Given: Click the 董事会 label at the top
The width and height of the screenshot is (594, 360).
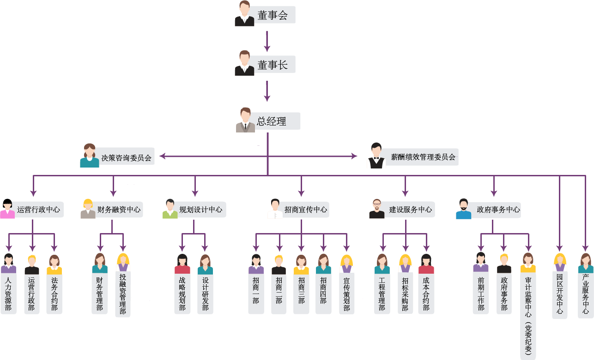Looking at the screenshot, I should pyautogui.click(x=273, y=15).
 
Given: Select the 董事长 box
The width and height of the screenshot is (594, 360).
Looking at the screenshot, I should pyautogui.click(x=273, y=65).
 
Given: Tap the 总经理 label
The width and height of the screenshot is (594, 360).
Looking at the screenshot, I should pyautogui.click(x=272, y=121).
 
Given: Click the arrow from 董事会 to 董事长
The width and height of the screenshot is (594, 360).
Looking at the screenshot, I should pyautogui.click(x=267, y=41).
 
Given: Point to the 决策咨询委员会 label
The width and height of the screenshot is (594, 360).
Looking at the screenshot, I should pyautogui.click(x=126, y=157).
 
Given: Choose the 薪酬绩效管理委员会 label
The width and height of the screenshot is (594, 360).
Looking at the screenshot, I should pyautogui.click(x=423, y=157).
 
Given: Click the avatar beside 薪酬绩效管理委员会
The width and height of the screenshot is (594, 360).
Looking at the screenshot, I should pyautogui.click(x=376, y=156).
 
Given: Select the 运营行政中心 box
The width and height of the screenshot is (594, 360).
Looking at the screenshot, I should pyautogui.click(x=38, y=210).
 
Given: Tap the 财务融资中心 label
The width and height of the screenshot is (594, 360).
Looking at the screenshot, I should pyautogui.click(x=119, y=210).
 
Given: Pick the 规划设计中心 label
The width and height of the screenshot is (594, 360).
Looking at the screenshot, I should pyautogui.click(x=200, y=210).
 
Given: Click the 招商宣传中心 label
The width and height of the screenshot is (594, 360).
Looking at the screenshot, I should pyautogui.click(x=306, y=210).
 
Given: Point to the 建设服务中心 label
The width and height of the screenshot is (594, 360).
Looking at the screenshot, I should pyautogui.click(x=410, y=210).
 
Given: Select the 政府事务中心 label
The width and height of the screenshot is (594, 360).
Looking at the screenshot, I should pyautogui.click(x=498, y=210).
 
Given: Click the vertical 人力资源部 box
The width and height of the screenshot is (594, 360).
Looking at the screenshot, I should pyautogui.click(x=8, y=294).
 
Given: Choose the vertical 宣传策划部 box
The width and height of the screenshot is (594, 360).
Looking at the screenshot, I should pyautogui.click(x=346, y=294).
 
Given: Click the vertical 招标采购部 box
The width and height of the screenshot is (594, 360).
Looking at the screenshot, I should pyautogui.click(x=405, y=294).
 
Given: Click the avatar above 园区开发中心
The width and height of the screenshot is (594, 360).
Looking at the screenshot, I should pyautogui.click(x=560, y=262).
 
